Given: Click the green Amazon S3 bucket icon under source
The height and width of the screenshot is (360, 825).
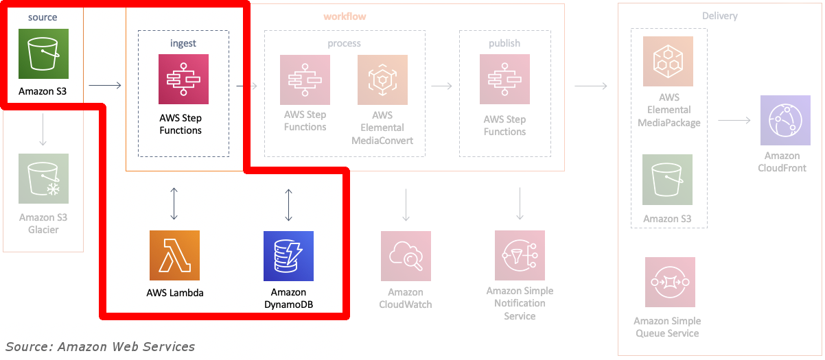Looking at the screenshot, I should click(43, 53).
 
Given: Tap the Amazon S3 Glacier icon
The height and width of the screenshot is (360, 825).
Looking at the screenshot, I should click(43, 178).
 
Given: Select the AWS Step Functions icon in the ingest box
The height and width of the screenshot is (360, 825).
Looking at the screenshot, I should click(183, 80).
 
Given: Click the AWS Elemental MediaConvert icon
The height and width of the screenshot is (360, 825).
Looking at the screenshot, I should click(382, 80).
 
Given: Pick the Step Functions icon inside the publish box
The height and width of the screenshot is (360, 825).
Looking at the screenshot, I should click(504, 80).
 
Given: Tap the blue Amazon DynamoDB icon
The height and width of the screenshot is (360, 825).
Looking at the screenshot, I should click(288, 255).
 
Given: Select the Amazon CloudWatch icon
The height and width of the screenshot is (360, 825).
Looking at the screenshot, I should click(406, 256).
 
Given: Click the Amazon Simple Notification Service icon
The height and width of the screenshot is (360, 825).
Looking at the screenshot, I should click(520, 255).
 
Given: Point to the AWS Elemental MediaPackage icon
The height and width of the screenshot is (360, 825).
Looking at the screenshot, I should click(668, 61).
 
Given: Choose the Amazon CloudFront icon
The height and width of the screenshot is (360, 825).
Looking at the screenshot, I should click(785, 121).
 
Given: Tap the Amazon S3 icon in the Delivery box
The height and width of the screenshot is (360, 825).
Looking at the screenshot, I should click(667, 180).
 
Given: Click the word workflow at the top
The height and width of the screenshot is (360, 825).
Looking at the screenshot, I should click(345, 16).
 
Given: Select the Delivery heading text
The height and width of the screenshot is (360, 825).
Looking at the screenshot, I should click(720, 16).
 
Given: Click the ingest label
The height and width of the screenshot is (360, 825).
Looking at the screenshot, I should click(183, 43).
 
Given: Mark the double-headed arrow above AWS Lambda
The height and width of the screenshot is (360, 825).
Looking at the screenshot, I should click(174, 204).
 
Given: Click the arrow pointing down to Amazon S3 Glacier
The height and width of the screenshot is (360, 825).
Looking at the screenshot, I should click(43, 130).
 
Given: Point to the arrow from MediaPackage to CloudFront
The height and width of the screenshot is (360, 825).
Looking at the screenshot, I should click(734, 121).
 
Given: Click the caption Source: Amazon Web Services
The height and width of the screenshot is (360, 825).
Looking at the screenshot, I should click(100, 346).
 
